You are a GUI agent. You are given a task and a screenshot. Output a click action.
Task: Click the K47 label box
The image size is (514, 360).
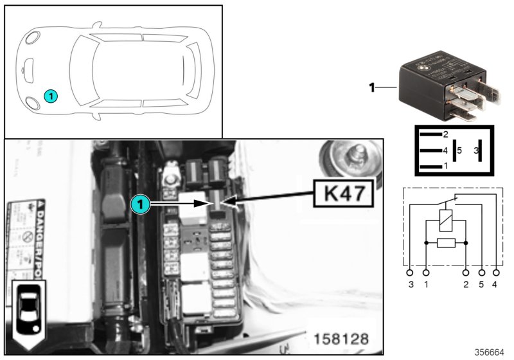pos(343,193)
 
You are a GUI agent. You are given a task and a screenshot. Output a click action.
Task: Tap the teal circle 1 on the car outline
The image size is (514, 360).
pos(51,96)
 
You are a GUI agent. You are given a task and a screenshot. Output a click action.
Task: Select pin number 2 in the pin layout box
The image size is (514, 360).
pos(444,134)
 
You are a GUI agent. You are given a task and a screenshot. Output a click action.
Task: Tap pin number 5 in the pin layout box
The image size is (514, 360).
pos(459,151)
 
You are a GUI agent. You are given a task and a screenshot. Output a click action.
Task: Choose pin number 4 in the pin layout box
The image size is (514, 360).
pos(444,151)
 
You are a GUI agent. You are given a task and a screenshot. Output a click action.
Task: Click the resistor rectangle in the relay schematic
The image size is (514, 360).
pos(446,243)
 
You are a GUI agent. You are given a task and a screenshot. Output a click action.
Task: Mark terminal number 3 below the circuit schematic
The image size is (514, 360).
pos(410,283)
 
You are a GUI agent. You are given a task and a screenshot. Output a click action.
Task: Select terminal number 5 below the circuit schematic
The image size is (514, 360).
pos(481,283)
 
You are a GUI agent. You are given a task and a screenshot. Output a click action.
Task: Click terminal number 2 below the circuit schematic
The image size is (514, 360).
pos(466,283)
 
